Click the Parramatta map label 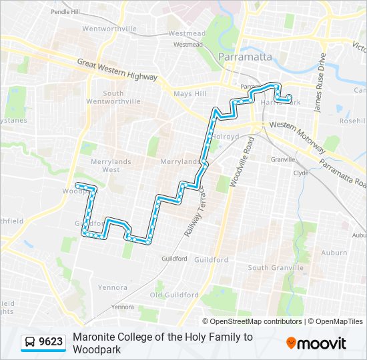coord(245,57)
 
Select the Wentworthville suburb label coord(109,29)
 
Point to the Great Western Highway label coord(117,70)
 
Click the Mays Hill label coord(190,94)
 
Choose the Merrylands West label coord(106,165)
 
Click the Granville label coord(284,159)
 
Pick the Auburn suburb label coord(334,253)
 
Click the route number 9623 coord(51,343)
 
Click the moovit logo coord(316,343)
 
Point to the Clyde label coord(301,172)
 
